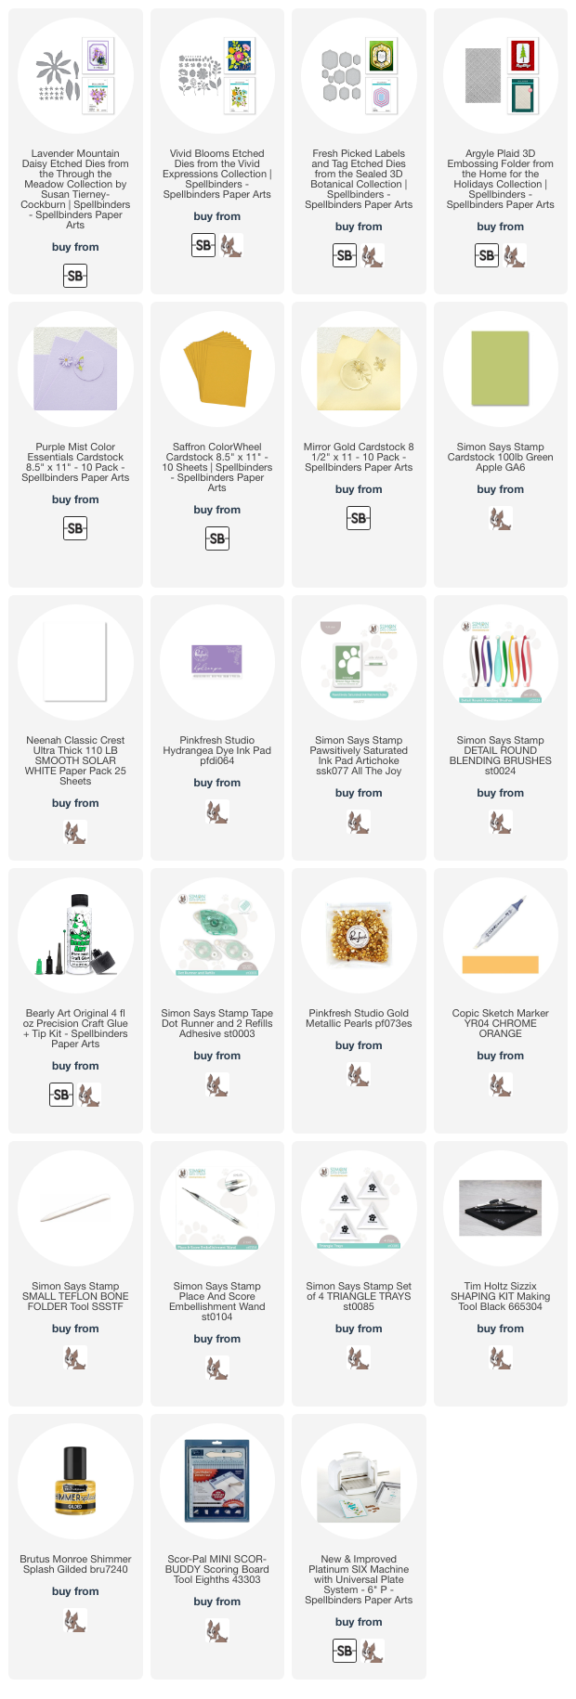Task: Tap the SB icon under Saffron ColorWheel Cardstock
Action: point(217,538)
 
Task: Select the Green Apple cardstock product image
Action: point(501,369)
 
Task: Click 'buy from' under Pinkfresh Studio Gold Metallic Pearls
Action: point(359,1045)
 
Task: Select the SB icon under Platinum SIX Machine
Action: point(345,1651)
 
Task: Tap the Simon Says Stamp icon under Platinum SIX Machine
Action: point(373,1651)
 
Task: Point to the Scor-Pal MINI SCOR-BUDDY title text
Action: point(217,1569)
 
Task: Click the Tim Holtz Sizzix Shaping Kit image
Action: point(501,1208)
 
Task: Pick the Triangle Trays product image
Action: point(359,1208)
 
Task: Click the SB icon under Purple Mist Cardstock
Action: point(75,528)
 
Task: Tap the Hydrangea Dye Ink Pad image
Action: point(217,662)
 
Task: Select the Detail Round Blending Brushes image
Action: point(501,662)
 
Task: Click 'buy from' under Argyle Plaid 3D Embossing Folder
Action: point(501,226)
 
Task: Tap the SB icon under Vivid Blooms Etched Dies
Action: point(203,245)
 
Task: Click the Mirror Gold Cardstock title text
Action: point(359,457)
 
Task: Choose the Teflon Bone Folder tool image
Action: point(75,1208)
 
